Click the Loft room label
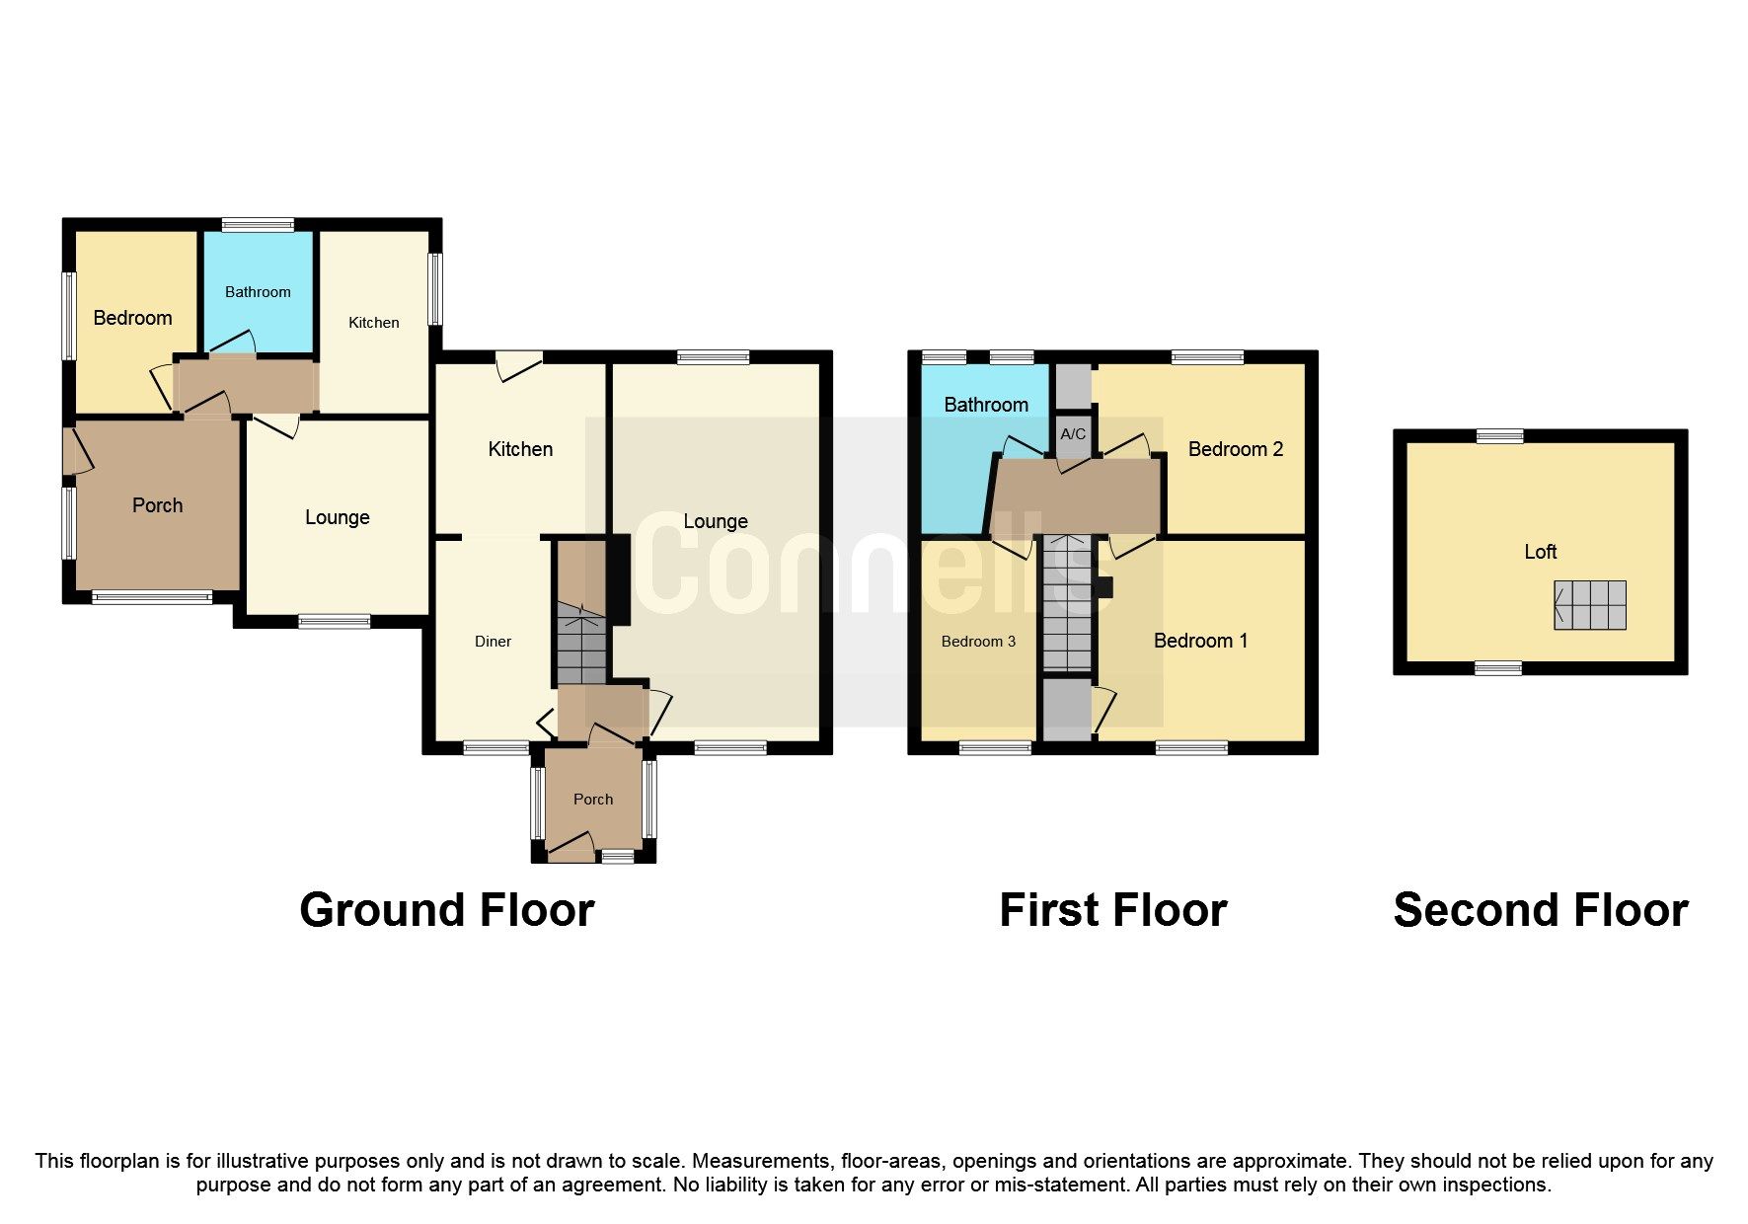click(x=1540, y=552)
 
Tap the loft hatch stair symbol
click(x=1589, y=605)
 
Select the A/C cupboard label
click(x=1073, y=433)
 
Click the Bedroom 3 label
click(x=978, y=642)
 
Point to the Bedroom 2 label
click(x=1235, y=449)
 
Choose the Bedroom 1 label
click(x=1200, y=641)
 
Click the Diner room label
click(x=493, y=642)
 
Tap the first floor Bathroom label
click(x=985, y=405)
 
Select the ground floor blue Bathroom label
click(x=258, y=292)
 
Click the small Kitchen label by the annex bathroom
click(x=373, y=323)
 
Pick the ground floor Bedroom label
click(x=132, y=318)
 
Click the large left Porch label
click(x=157, y=505)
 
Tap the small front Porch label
click(x=593, y=800)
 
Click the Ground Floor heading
click(x=446, y=910)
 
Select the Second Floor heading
click(x=1540, y=910)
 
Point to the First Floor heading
click(x=1112, y=910)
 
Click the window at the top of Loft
click(x=1499, y=435)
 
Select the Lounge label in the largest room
click(x=716, y=521)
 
